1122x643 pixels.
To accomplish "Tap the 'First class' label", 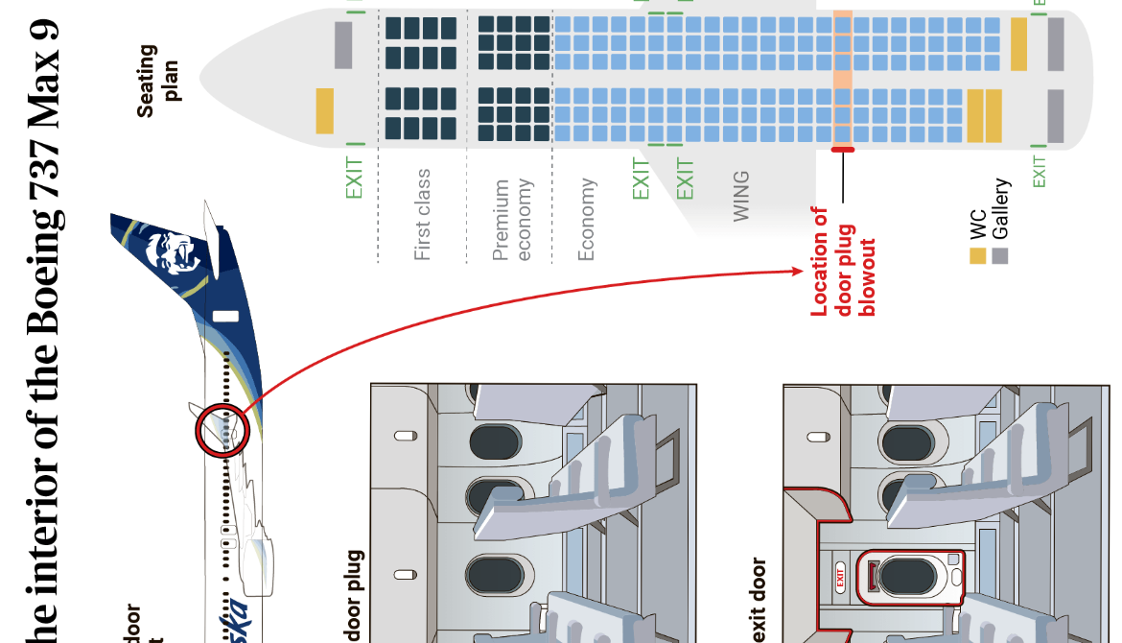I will (422, 215).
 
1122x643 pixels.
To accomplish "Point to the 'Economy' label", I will (587, 219).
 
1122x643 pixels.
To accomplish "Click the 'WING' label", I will (741, 197).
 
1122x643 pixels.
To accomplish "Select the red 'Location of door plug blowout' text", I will (844, 261).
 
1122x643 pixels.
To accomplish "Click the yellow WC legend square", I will (977, 256).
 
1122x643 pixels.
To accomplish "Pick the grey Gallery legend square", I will (1000, 256).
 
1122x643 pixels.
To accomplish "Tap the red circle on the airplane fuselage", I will (222, 431).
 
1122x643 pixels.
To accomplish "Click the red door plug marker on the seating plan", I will (843, 150).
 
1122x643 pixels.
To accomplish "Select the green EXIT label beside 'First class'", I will (355, 179).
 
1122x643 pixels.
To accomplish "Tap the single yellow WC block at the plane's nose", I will (325, 110).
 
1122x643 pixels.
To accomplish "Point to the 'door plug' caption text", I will (354, 595).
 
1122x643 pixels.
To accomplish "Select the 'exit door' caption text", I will (760, 600).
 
